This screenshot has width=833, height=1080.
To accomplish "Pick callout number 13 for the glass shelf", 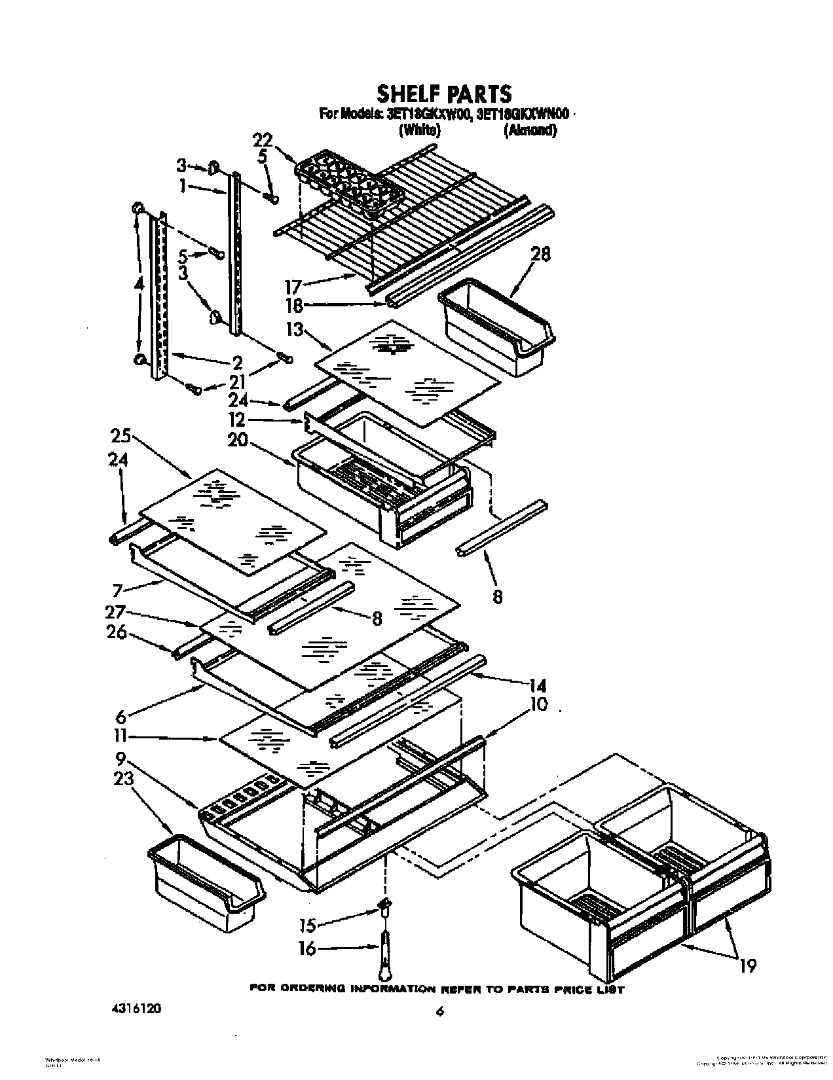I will (295, 329).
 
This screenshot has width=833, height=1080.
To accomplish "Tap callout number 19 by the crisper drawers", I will (748, 964).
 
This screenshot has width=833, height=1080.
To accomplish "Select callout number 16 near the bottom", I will (307, 948).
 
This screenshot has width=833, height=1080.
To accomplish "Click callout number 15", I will (307, 925).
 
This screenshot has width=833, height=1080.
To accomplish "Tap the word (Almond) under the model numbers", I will (530, 130).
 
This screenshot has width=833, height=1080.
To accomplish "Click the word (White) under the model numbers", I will (420, 130).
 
